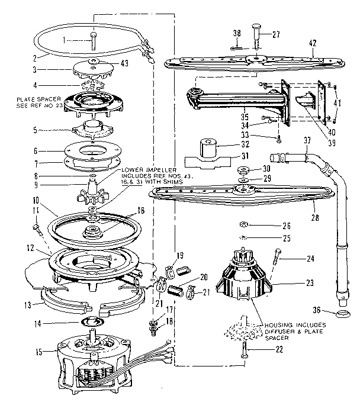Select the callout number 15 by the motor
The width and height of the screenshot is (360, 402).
pyautogui.click(x=39, y=352)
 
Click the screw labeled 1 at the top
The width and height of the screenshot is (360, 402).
pyautogui.click(x=93, y=42)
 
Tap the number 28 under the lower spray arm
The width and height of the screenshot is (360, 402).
pyautogui.click(x=315, y=218)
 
